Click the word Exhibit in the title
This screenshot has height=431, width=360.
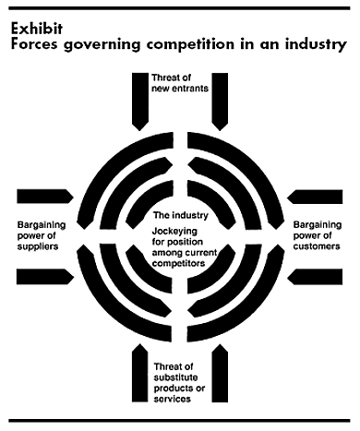(x=37, y=29)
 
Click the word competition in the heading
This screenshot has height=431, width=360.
(x=190, y=44)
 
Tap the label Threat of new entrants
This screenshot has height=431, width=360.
(x=180, y=83)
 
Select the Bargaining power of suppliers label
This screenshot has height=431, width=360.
(x=42, y=235)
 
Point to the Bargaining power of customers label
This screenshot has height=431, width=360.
(x=318, y=235)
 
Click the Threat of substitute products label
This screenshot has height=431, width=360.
(x=179, y=383)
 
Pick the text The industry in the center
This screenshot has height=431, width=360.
(x=181, y=215)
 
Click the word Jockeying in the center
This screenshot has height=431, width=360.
(x=174, y=232)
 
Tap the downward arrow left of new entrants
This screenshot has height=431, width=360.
(x=140, y=102)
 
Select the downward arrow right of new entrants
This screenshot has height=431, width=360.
(x=220, y=102)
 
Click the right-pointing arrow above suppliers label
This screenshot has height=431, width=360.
(x=45, y=197)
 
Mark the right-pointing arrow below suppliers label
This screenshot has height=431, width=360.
(x=45, y=277)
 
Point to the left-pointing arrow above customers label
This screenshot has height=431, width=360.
(x=315, y=197)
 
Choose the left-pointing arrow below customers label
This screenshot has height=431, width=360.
(x=315, y=277)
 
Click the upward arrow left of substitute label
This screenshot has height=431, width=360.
(x=140, y=373)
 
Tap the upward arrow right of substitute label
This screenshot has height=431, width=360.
(x=220, y=373)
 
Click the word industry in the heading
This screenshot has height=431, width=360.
(x=316, y=44)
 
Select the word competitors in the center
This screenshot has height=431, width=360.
(x=178, y=264)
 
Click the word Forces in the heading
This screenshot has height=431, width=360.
(x=34, y=44)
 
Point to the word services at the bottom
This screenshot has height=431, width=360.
(x=173, y=399)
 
